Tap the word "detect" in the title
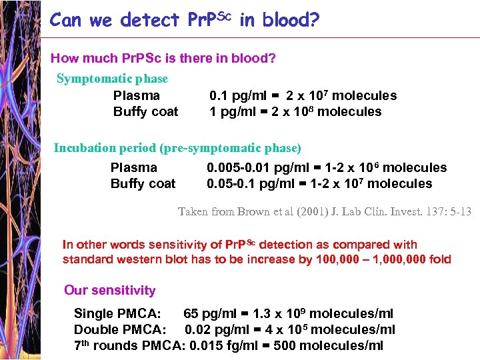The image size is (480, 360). click(150, 20)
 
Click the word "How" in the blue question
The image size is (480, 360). click(64, 59)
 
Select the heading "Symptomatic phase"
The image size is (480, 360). click(112, 79)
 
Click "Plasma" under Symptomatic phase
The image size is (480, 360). click(137, 95)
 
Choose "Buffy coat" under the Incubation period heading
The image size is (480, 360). click(143, 183)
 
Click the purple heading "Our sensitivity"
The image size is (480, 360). click(109, 290)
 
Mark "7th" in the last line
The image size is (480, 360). click(81, 345)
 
